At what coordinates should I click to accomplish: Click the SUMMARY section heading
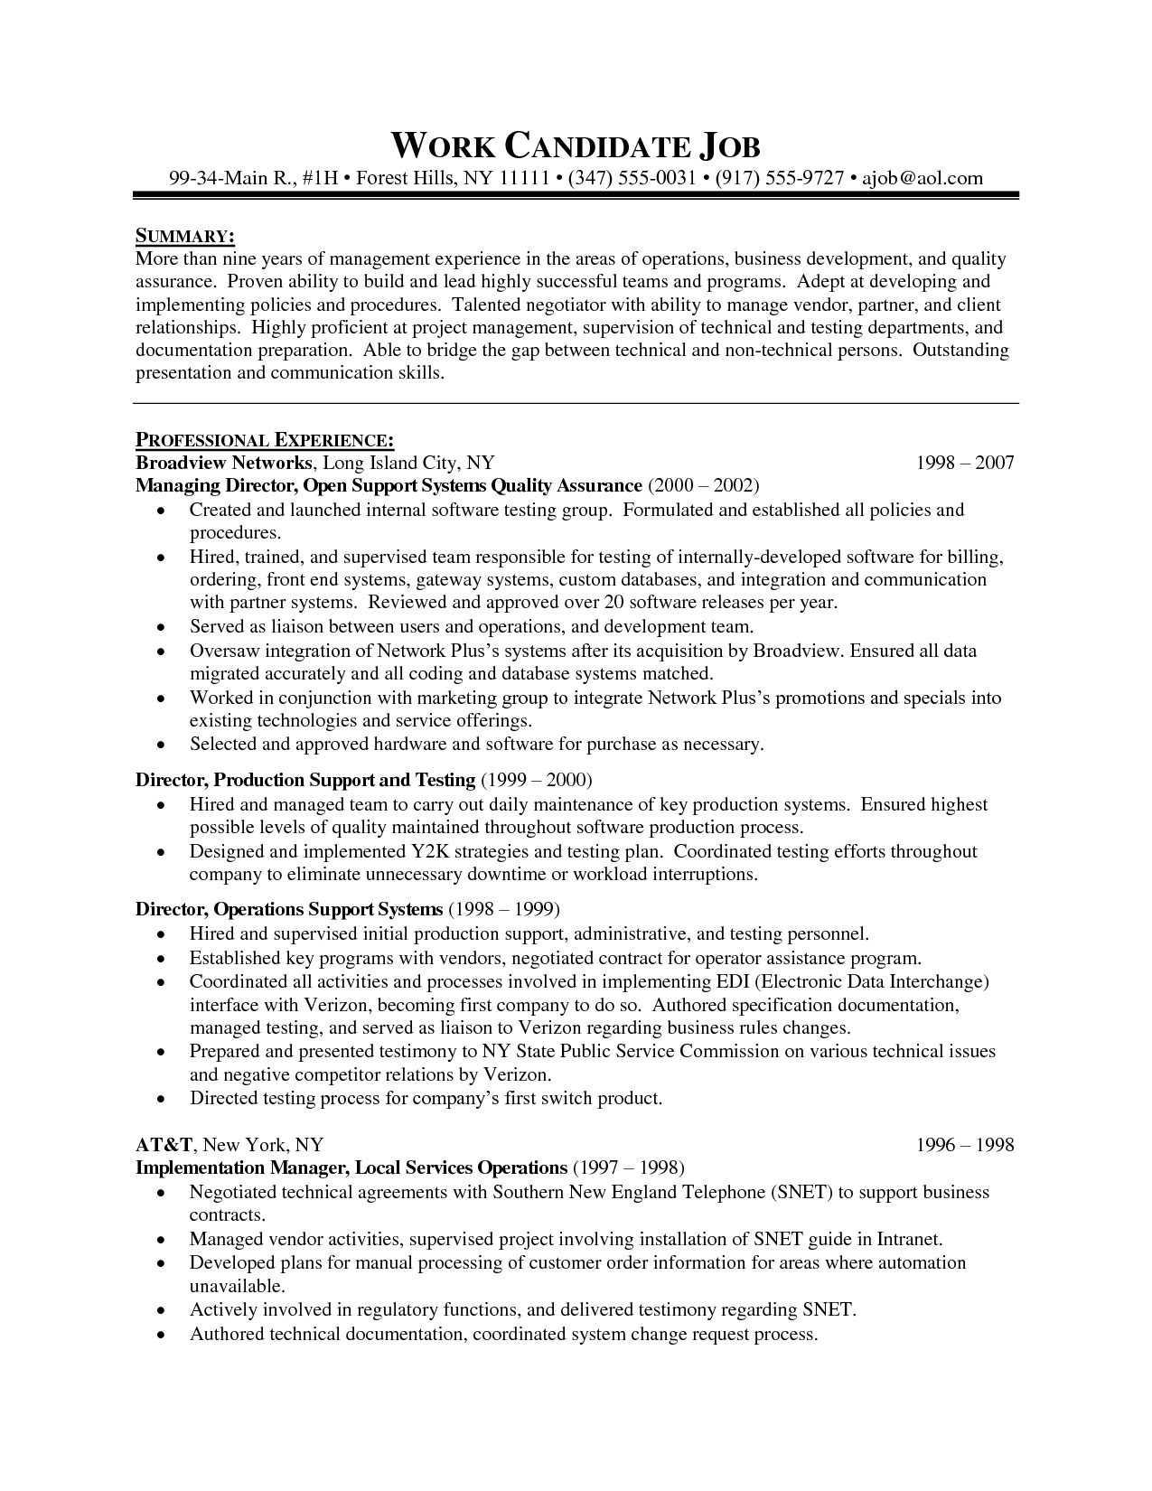pos(185,237)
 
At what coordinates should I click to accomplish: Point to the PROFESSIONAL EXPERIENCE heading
pos(264,440)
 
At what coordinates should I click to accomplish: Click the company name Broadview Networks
pos(223,463)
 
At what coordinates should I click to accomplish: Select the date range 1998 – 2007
pos(965,464)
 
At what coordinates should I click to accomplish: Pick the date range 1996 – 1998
pos(965,1146)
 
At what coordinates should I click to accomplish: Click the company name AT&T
pos(164,1145)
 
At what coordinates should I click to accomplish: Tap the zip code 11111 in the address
pos(525,178)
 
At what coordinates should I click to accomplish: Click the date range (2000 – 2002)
pos(703,486)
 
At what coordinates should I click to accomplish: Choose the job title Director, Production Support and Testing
pos(305,780)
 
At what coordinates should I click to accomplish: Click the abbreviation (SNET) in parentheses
pos(801,1192)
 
